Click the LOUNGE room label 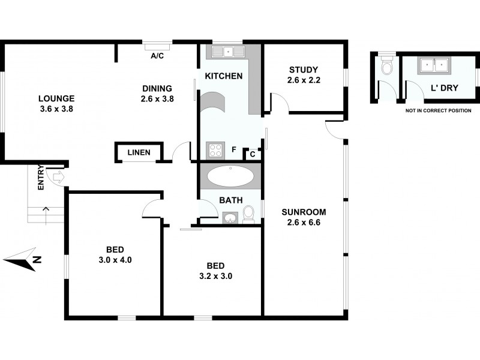click(56, 104)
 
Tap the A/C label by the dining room click(157, 56)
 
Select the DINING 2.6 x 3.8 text click(157, 94)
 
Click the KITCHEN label click(224, 76)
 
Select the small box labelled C click(253, 154)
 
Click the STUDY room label click(303, 75)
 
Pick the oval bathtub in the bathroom click(230, 176)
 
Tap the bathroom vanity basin click(230, 217)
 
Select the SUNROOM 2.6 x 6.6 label click(304, 217)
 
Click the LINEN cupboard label click(139, 153)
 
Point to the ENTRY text click(41, 178)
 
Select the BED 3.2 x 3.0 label click(215, 271)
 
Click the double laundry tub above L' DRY click(434, 64)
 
